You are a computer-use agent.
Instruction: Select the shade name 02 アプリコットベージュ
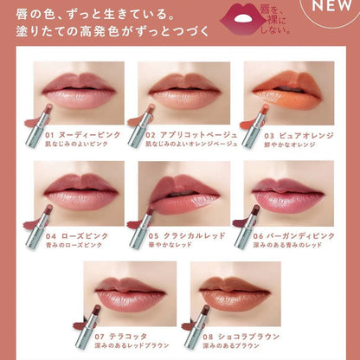pos(187,137)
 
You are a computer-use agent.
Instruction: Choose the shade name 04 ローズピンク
pos(72,235)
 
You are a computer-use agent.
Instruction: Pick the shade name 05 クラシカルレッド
pos(183,235)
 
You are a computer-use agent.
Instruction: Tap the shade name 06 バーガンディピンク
pos(296,235)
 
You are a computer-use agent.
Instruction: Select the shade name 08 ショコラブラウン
pos(241,335)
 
